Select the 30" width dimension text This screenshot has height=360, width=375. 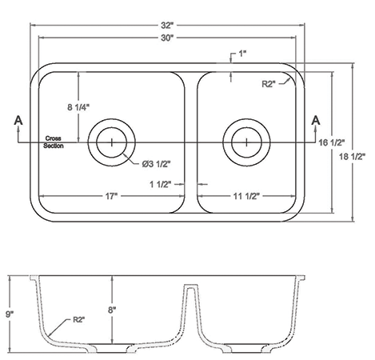pos(167,38)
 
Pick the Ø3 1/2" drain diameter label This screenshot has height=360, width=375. pos(156,164)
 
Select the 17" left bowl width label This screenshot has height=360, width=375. pos(111,195)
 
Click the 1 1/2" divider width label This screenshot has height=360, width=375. pos(160,182)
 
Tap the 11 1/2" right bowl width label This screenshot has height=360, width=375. pos(249,195)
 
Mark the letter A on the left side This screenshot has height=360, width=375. pos(18,120)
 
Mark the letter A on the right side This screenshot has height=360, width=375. pos(316,120)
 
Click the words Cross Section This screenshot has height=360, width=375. pos(54,140)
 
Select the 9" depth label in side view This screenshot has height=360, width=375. pos(10,314)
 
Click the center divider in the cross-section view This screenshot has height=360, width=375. pos(192,312)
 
